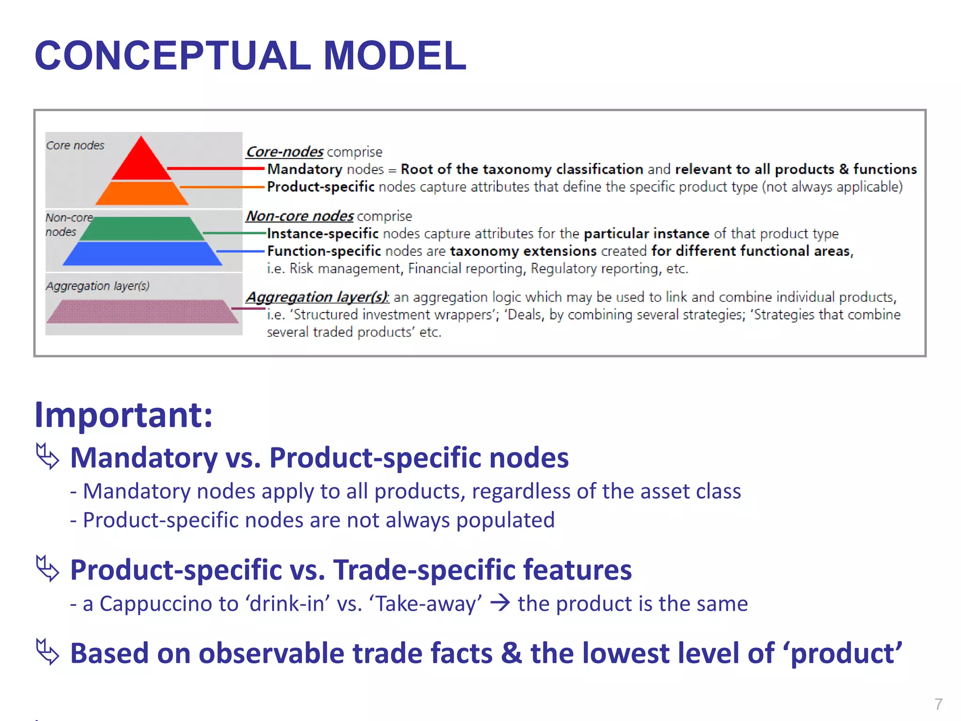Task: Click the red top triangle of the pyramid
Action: [141, 162]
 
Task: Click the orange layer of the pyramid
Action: [142, 193]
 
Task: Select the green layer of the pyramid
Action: [142, 229]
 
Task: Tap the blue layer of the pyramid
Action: [142, 253]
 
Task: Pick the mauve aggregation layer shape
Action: [142, 311]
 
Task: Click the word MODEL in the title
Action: [395, 55]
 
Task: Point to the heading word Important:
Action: [123, 415]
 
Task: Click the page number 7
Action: [938, 704]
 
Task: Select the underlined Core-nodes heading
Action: [284, 152]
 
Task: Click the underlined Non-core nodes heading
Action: [299, 216]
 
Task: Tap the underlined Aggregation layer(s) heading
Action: [317, 297]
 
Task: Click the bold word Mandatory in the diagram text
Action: [305, 169]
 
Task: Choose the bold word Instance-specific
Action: [322, 233]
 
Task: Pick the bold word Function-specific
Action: [324, 251]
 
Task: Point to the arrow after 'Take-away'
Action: [500, 603]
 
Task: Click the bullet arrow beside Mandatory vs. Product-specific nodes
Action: [47, 456]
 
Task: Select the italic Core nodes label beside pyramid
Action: [75, 146]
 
